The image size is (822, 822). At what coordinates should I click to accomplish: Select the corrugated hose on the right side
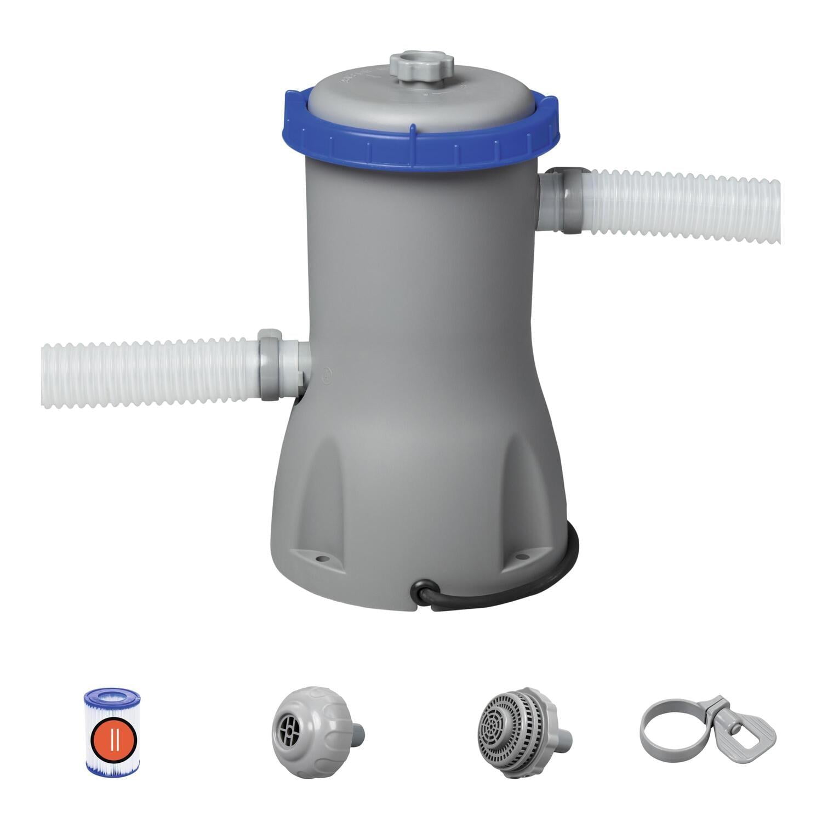point(685,206)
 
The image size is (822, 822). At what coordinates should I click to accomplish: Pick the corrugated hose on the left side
point(148,374)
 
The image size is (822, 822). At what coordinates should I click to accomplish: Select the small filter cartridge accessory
point(112,731)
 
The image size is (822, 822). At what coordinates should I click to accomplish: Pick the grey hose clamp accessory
point(707,726)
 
